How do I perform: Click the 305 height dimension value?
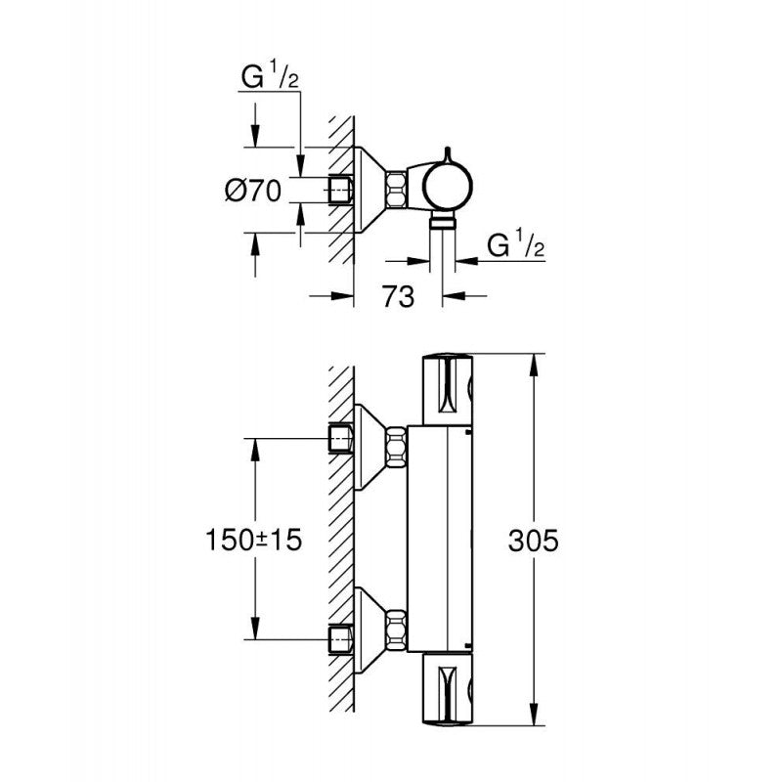(x=533, y=541)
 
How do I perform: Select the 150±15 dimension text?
(x=254, y=541)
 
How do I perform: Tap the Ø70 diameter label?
(x=253, y=191)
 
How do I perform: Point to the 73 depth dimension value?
(x=398, y=296)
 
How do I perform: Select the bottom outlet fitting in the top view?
(x=443, y=222)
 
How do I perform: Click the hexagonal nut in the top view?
(x=397, y=190)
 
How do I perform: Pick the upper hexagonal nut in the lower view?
(x=397, y=447)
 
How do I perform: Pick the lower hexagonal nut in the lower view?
(x=397, y=630)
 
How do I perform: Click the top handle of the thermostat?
(x=448, y=389)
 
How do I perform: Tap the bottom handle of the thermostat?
(x=448, y=689)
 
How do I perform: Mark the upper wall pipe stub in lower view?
(x=340, y=438)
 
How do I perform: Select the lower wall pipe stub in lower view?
(x=340, y=639)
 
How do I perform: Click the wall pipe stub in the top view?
(x=340, y=190)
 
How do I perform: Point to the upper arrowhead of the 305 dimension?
(x=534, y=368)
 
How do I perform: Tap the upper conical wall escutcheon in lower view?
(x=370, y=447)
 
